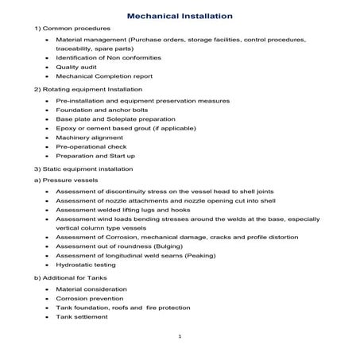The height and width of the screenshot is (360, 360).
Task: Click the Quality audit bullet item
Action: point(77,67)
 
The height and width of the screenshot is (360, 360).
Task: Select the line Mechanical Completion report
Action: point(103,77)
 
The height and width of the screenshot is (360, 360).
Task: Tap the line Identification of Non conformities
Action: point(108,57)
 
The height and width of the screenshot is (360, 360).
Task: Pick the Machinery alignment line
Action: point(90,137)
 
